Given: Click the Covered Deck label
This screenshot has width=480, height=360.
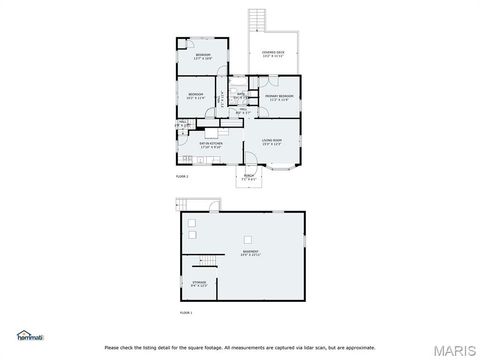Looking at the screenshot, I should pyautogui.click(x=273, y=54).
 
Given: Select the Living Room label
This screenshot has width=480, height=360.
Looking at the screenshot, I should pyautogui.click(x=272, y=143).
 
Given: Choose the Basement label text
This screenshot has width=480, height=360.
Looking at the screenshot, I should pyautogui.click(x=250, y=253).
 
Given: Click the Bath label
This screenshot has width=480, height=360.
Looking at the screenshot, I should pyautogui.click(x=241, y=95).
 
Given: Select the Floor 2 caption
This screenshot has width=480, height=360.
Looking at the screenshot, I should pyautogui.click(x=181, y=176).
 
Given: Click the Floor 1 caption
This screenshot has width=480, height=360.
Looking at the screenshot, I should pyautogui.click(x=185, y=313).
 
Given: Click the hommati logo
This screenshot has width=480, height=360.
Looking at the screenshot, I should pyautogui.click(x=29, y=335).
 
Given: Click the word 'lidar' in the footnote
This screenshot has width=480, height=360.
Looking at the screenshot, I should pyautogui.click(x=301, y=347).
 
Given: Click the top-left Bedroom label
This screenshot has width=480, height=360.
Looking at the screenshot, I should pyautogui.click(x=203, y=55).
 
